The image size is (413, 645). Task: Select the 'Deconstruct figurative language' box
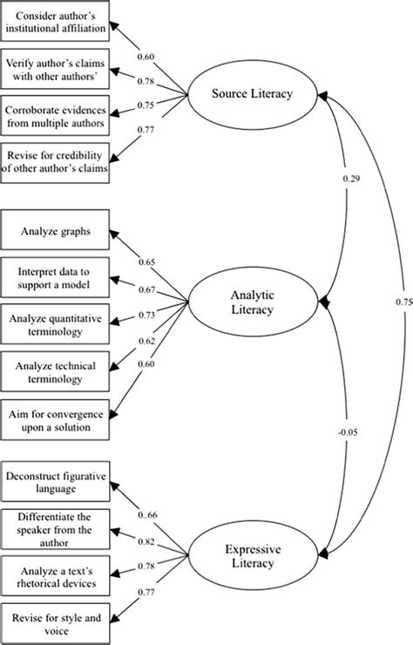(x=58, y=484)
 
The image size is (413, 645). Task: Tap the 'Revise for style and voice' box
(x=58, y=621)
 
